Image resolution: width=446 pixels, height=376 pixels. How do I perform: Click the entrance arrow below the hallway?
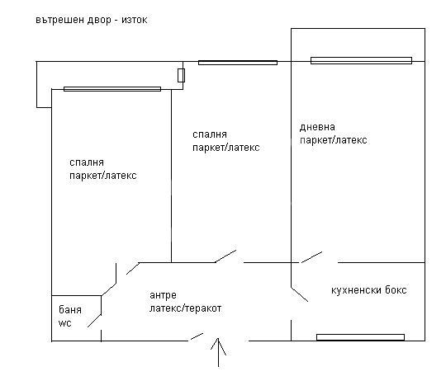(x=218, y=352)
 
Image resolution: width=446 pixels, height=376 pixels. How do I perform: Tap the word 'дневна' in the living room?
(x=317, y=127)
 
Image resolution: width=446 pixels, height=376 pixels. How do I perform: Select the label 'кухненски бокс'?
(x=369, y=290)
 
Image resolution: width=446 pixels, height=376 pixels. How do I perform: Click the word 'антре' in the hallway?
(x=163, y=296)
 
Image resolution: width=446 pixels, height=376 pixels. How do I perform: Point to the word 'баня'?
(x=70, y=309)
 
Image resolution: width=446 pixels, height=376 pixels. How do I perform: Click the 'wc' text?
(x=65, y=323)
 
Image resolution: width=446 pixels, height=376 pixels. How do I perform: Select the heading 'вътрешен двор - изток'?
(x=92, y=20)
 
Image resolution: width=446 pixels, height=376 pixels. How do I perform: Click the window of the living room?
(x=361, y=60)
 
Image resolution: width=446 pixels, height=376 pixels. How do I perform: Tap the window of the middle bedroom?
(x=238, y=63)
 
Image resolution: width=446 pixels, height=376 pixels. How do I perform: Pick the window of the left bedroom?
(x=112, y=89)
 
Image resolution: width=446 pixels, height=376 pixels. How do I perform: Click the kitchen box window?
(x=360, y=337)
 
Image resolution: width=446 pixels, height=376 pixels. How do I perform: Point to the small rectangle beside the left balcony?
(x=181, y=75)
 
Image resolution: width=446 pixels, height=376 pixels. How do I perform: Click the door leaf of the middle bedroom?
(x=225, y=256)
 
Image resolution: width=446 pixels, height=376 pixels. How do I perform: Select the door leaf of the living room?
(x=311, y=257)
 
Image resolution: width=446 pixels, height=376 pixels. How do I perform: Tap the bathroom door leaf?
(x=94, y=321)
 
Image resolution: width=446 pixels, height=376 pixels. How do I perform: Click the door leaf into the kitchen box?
(x=299, y=294)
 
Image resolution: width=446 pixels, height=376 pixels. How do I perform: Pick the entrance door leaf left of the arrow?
(x=197, y=336)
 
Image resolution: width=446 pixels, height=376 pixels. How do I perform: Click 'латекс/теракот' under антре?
(x=186, y=308)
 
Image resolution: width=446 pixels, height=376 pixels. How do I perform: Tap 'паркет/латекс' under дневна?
(x=334, y=140)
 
